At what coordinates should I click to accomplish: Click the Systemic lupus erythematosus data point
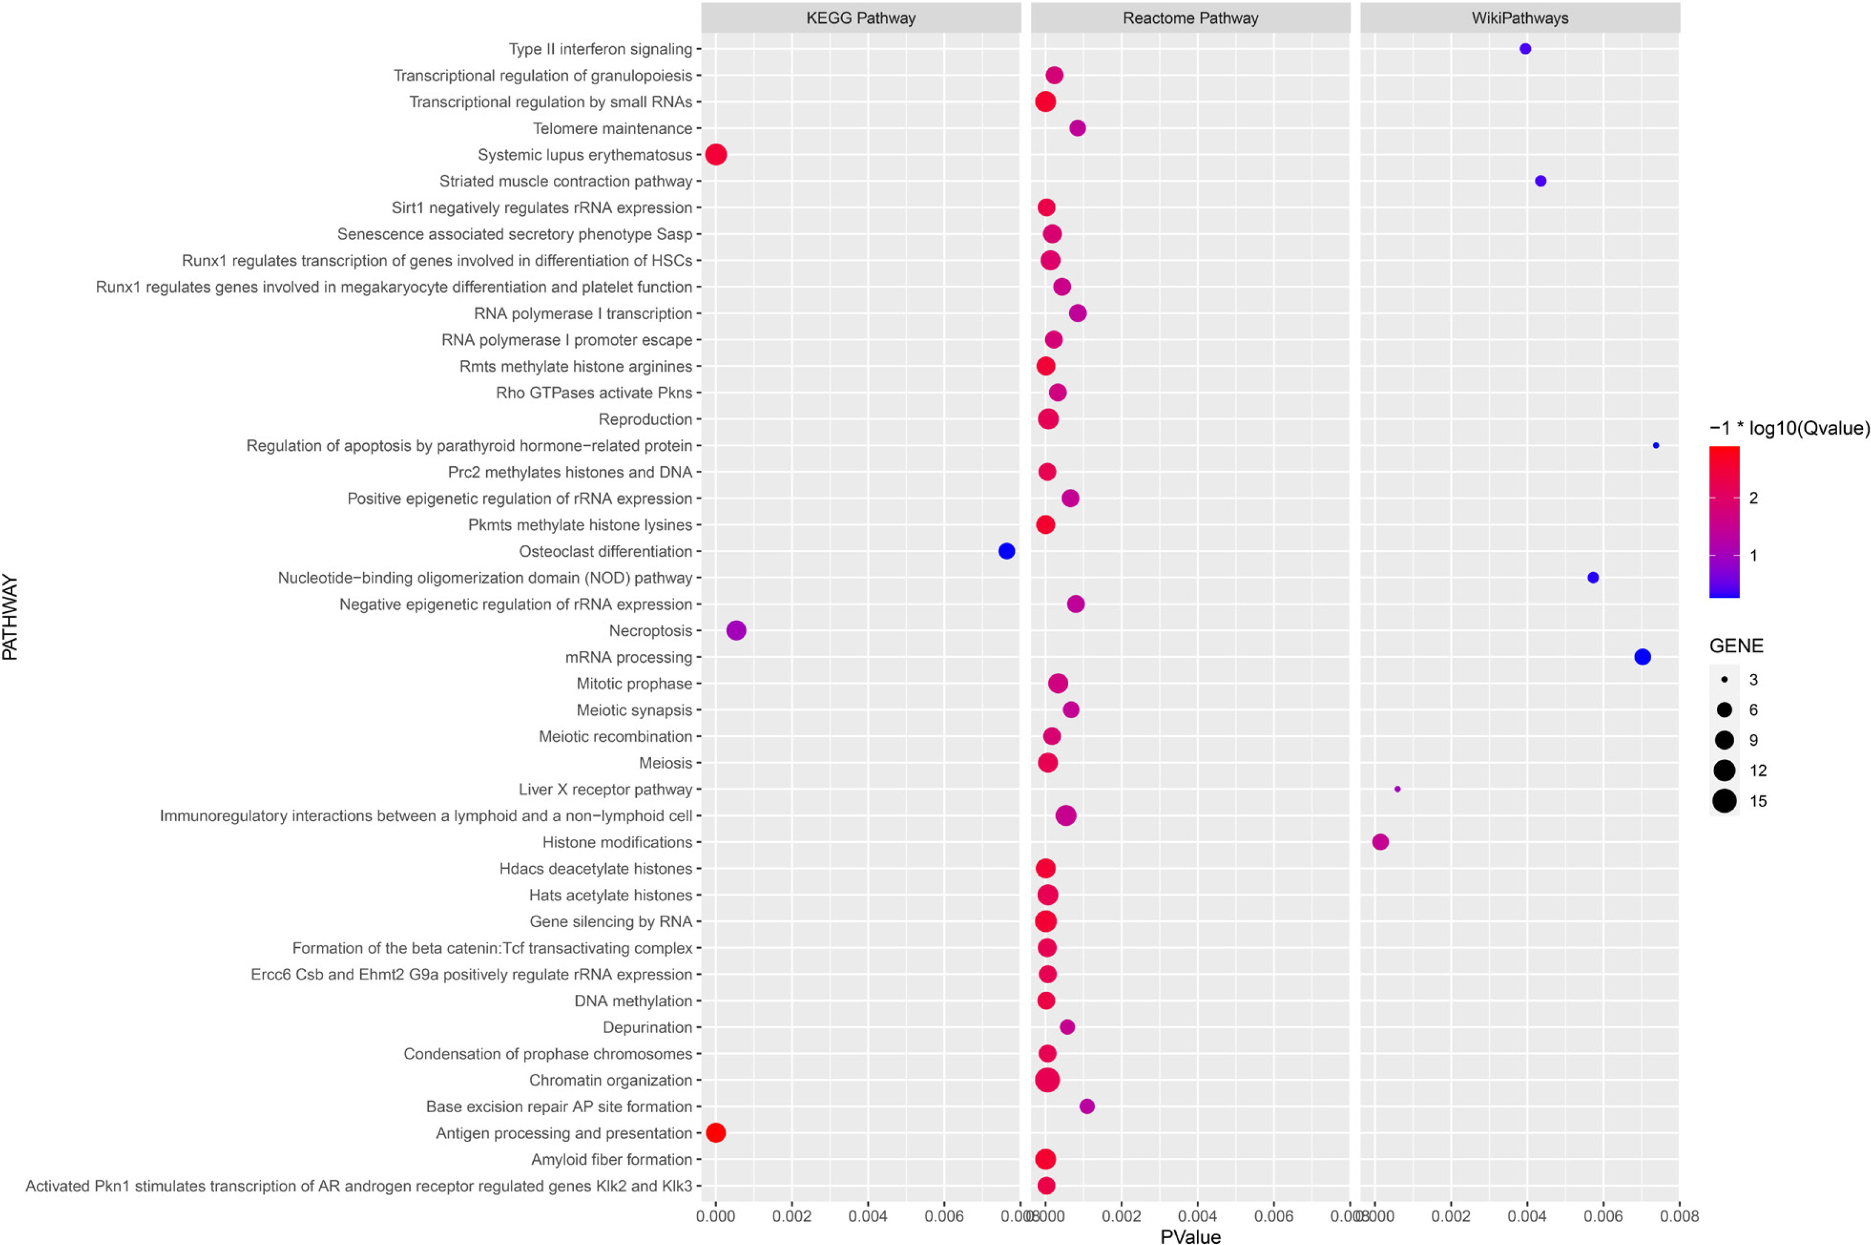pos(715,154)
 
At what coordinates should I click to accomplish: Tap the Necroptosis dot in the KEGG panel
pos(736,631)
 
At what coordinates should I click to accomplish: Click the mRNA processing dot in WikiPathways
pos(1642,657)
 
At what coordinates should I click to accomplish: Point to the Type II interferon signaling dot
pos(1525,49)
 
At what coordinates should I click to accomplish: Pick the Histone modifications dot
pos(1380,842)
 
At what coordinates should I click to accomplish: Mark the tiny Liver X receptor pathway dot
pos(1397,789)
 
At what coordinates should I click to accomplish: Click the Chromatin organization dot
pos(1047,1080)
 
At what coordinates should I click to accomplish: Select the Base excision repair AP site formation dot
pos(1087,1106)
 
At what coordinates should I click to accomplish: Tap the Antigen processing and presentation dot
pos(715,1133)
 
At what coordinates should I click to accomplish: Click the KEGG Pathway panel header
pos(861,18)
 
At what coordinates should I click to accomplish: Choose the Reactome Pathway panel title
pos(1190,18)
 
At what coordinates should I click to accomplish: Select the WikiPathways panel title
pos(1519,18)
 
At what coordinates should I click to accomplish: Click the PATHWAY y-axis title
pos(10,617)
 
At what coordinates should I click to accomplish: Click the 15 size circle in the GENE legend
pos(1724,801)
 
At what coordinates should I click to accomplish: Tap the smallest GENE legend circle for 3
pos(1724,680)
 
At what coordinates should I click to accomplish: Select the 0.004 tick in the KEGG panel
pos(868,1216)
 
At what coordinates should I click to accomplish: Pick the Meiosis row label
pos(665,763)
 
